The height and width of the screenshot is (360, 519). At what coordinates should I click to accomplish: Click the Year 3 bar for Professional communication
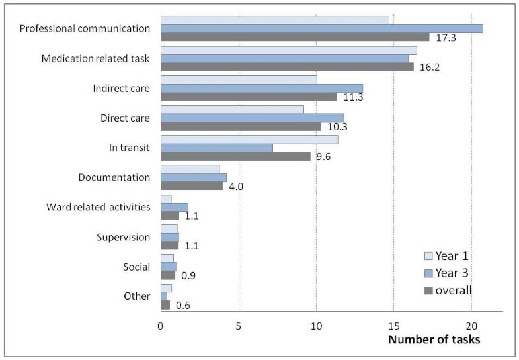pos(321,28)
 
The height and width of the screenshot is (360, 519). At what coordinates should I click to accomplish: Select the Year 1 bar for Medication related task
pos(288,50)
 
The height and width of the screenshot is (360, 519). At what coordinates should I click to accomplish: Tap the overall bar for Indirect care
pos(249,97)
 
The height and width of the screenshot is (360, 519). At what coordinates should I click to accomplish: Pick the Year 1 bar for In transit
pos(249,140)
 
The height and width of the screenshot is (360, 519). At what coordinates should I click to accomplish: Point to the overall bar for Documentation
pos(192,186)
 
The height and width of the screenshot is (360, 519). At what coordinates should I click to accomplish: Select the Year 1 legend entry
pos(447,257)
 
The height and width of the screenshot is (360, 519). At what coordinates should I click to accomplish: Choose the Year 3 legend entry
pos(447,273)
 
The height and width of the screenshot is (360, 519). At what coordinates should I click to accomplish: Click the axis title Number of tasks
pos(434,339)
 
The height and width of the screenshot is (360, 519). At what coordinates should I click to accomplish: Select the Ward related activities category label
pos(99,207)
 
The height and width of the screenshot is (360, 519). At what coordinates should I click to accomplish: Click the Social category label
pos(137,267)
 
